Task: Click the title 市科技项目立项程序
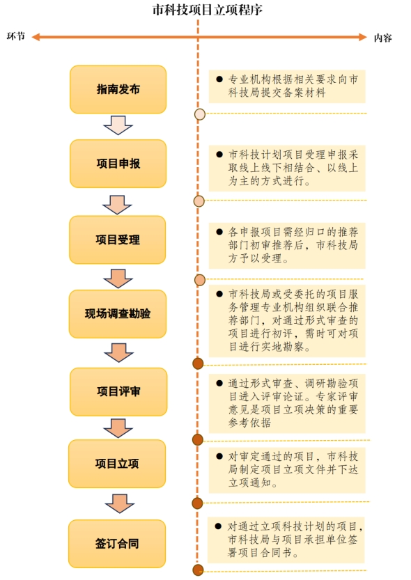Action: pyautogui.click(x=207, y=10)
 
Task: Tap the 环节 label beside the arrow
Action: pyautogui.click(x=16, y=36)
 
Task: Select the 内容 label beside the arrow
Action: pyautogui.click(x=382, y=38)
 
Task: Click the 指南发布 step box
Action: pyautogui.click(x=118, y=90)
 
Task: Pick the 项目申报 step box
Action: pyautogui.click(x=118, y=164)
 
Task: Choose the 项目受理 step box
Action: pyautogui.click(x=118, y=240)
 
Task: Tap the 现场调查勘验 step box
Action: pyautogui.click(x=118, y=313)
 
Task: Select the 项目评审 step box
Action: pyautogui.click(x=118, y=391)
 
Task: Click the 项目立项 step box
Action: pyautogui.click(x=117, y=464)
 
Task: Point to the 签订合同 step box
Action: pyautogui.click(x=117, y=543)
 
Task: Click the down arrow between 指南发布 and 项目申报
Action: pyautogui.click(x=118, y=125)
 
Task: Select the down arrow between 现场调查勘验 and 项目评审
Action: pyautogui.click(x=118, y=352)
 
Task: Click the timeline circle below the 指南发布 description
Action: pyautogui.click(x=200, y=114)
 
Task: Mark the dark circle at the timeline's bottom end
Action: pyautogui.click(x=199, y=570)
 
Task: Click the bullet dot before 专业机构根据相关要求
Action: pyautogui.click(x=219, y=79)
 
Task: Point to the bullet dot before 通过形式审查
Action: pyautogui.click(x=219, y=383)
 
